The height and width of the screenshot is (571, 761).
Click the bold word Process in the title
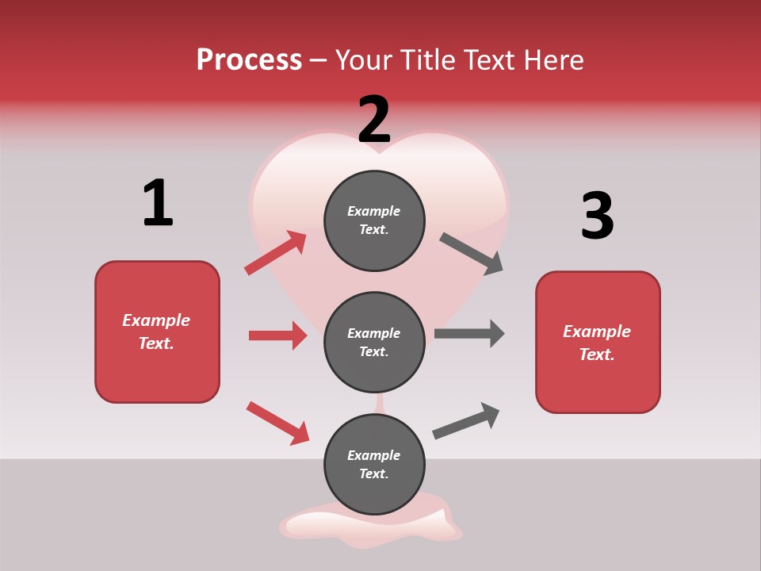click(249, 59)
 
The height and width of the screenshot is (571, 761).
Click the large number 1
click(158, 203)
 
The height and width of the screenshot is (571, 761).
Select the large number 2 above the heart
click(374, 120)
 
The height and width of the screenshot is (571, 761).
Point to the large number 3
click(597, 216)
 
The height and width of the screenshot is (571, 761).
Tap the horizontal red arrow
click(277, 335)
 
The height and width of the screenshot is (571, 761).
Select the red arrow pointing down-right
click(278, 423)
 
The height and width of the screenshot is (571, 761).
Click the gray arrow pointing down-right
click(472, 254)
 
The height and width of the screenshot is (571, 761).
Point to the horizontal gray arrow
click(469, 334)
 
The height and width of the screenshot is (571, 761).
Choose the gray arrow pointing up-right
click(466, 421)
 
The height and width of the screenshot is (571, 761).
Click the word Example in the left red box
click(156, 320)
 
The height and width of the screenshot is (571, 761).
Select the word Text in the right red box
click(596, 354)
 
